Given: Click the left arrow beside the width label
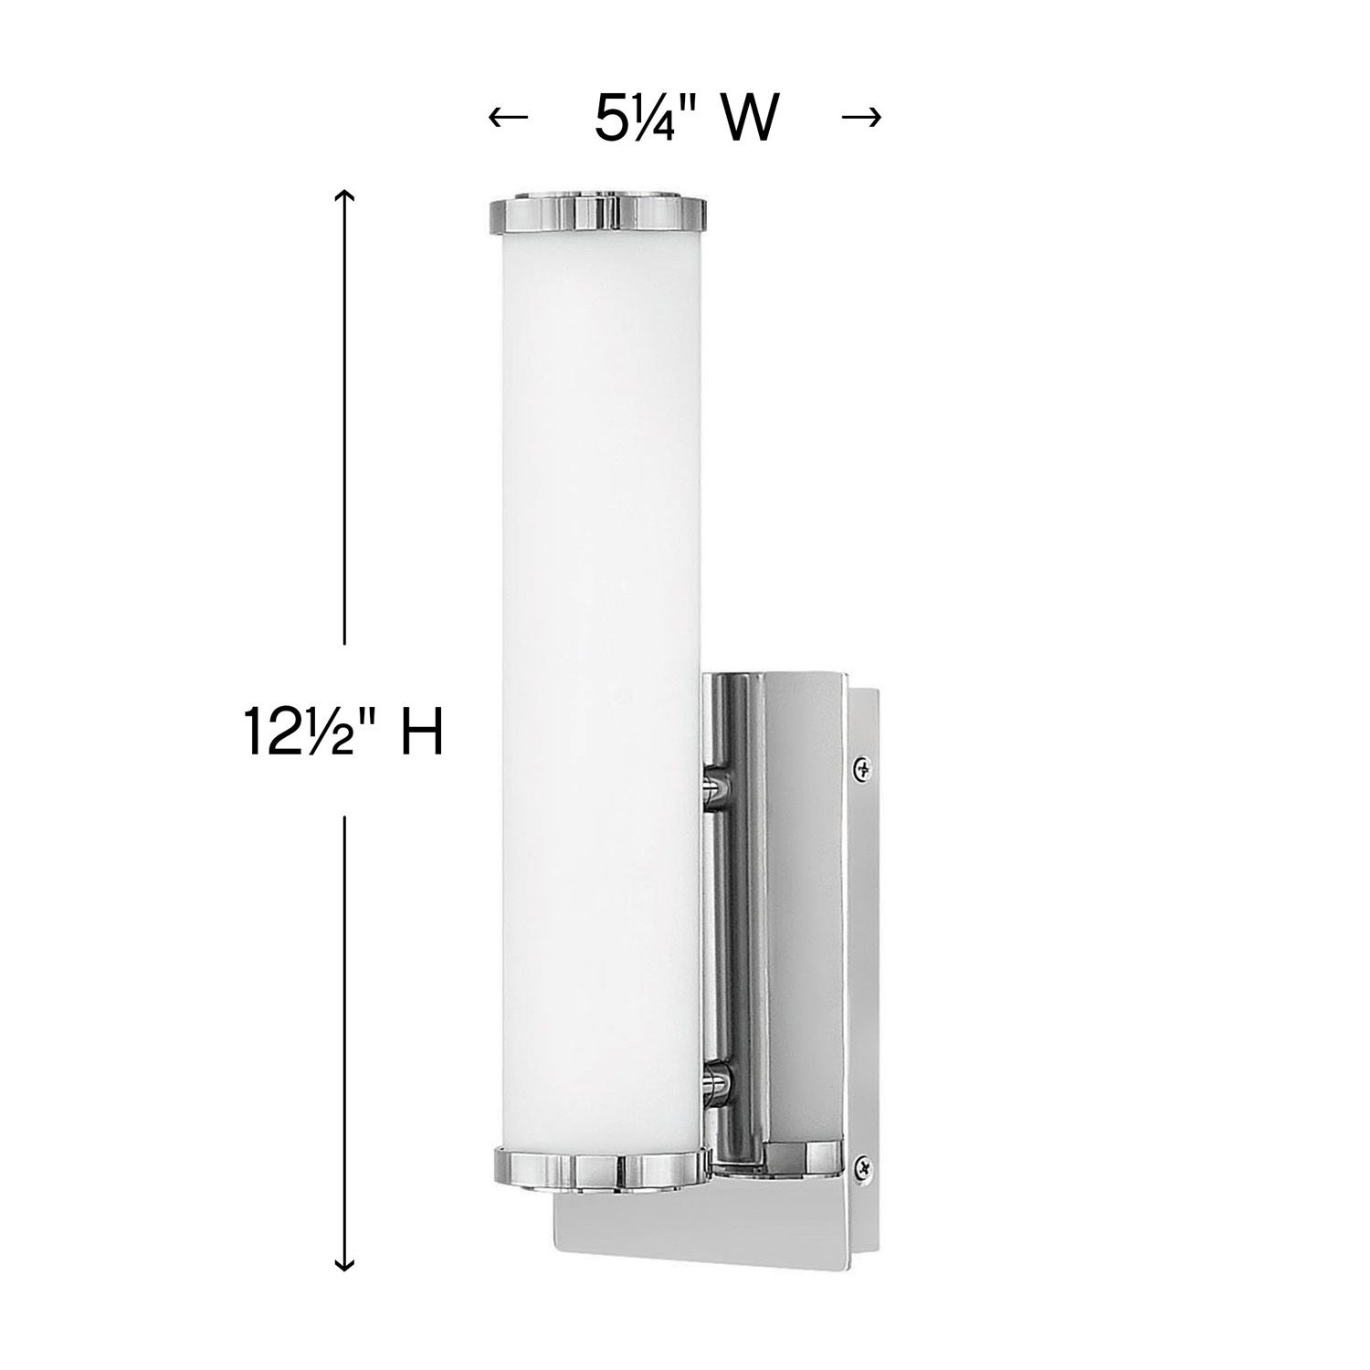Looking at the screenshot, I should click(x=509, y=117).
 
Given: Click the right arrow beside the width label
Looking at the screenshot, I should click(x=860, y=117).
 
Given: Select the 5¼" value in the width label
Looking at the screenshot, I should click(x=638, y=117).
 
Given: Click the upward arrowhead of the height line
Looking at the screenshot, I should click(x=344, y=196).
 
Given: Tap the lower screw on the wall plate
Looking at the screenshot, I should click(x=860, y=1164).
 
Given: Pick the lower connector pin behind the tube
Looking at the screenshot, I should click(x=717, y=1084).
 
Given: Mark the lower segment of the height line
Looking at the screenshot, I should click(x=344, y=1032).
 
